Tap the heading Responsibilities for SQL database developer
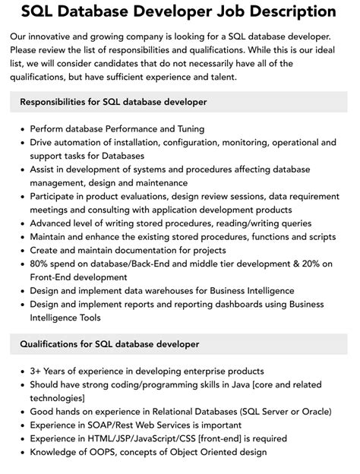click(x=113, y=102)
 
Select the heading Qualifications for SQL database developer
click(x=109, y=344)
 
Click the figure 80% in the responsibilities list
click(x=41, y=264)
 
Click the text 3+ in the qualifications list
click(x=36, y=371)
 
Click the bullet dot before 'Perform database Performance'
click(x=21, y=129)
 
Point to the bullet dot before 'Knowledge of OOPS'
click(x=21, y=453)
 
